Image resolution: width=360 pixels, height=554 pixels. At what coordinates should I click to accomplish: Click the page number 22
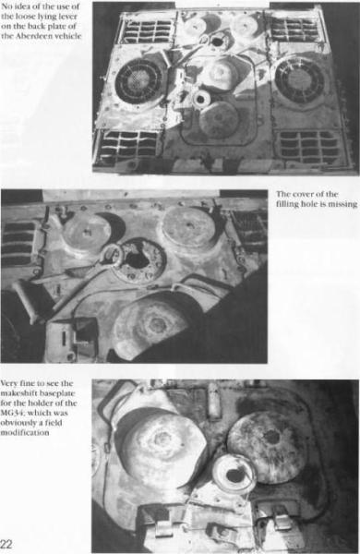pyautogui.click(x=6, y=544)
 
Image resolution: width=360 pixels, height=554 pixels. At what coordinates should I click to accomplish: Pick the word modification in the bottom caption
pyautogui.click(x=25, y=432)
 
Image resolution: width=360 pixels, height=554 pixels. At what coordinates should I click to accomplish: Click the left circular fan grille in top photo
pyautogui.click(x=137, y=81)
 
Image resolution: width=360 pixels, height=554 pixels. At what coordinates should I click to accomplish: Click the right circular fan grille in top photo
pyautogui.click(x=299, y=80)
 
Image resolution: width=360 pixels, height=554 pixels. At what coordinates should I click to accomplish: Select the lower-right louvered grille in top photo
pyautogui.click(x=309, y=146)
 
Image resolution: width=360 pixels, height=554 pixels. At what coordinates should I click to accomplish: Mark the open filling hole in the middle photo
pyautogui.click(x=139, y=259)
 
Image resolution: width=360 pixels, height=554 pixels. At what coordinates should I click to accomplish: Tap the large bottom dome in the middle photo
pyautogui.click(x=152, y=329)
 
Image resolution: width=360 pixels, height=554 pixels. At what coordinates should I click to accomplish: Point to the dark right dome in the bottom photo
pyautogui.click(x=266, y=446)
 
